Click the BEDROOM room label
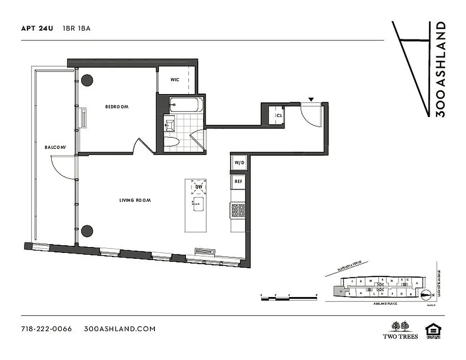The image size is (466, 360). click(x=117, y=107)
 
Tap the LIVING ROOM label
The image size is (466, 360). click(x=135, y=200)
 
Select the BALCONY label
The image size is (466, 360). click(x=55, y=147)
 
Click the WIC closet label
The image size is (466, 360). click(x=175, y=80)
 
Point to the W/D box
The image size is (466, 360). click(x=238, y=162)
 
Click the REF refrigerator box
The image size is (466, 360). click(x=238, y=181)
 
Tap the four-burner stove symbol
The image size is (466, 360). click(x=238, y=210)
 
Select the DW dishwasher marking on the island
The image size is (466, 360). click(x=198, y=187)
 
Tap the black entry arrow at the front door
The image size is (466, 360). click(x=311, y=99)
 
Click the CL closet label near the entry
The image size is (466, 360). click(x=279, y=115)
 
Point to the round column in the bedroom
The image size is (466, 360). click(x=87, y=81)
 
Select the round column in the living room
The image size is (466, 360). click(x=87, y=231)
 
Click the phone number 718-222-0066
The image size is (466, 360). click(x=46, y=328)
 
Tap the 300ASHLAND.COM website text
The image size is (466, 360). click(x=120, y=328)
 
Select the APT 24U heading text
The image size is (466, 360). click(x=37, y=28)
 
